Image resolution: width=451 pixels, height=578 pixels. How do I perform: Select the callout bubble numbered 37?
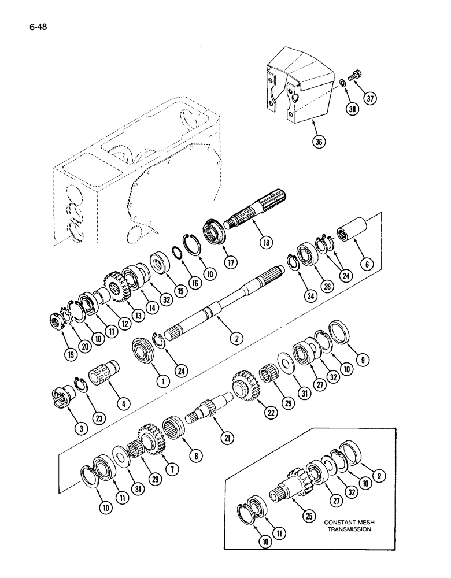[x=370, y=98]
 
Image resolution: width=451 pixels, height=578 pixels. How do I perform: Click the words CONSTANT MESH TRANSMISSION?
[x=348, y=524]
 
